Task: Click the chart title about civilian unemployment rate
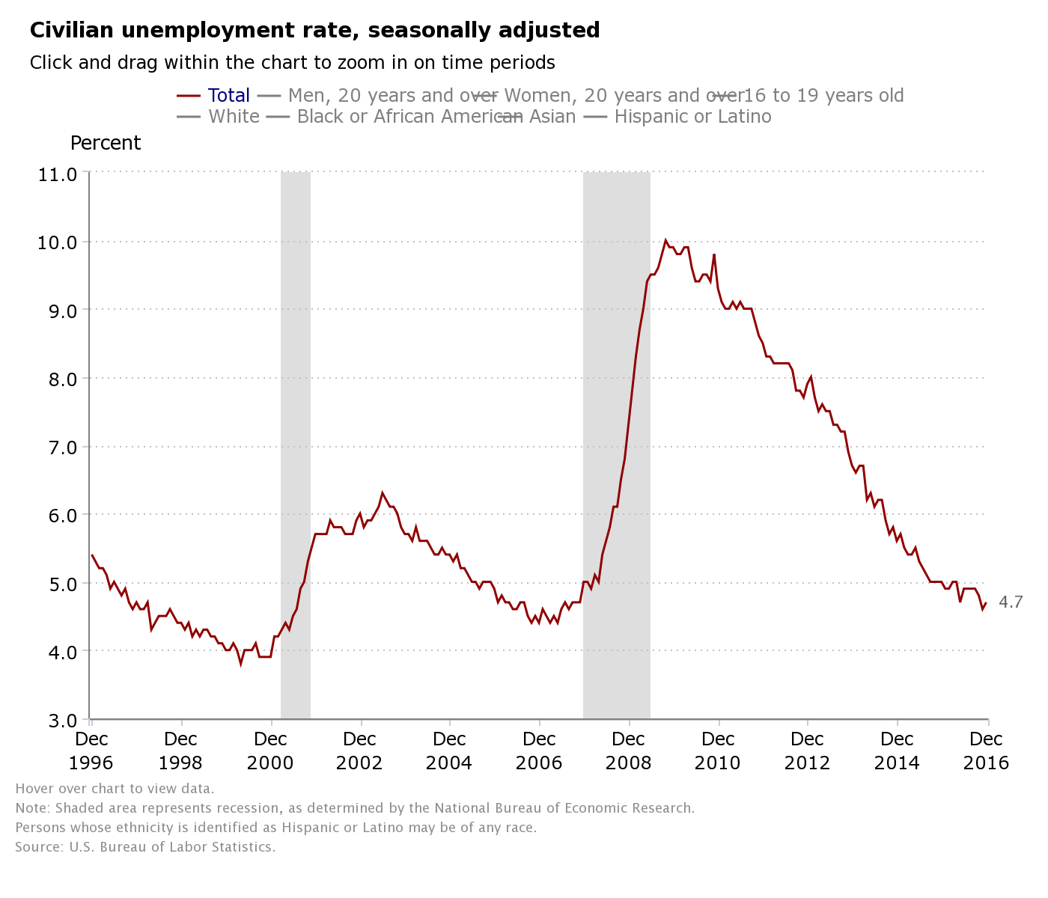click(314, 31)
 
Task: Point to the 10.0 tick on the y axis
click(57, 242)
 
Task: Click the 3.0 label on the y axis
click(57, 721)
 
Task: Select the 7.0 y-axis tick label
click(57, 448)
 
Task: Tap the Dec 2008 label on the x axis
click(628, 751)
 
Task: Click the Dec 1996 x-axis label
click(91, 751)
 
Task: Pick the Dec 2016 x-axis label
click(987, 751)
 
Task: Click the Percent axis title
click(106, 143)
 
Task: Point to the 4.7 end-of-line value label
click(1011, 602)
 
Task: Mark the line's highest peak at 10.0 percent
click(665, 240)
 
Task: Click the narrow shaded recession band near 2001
click(296, 449)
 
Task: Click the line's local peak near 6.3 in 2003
click(383, 492)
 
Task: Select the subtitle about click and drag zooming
click(292, 63)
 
